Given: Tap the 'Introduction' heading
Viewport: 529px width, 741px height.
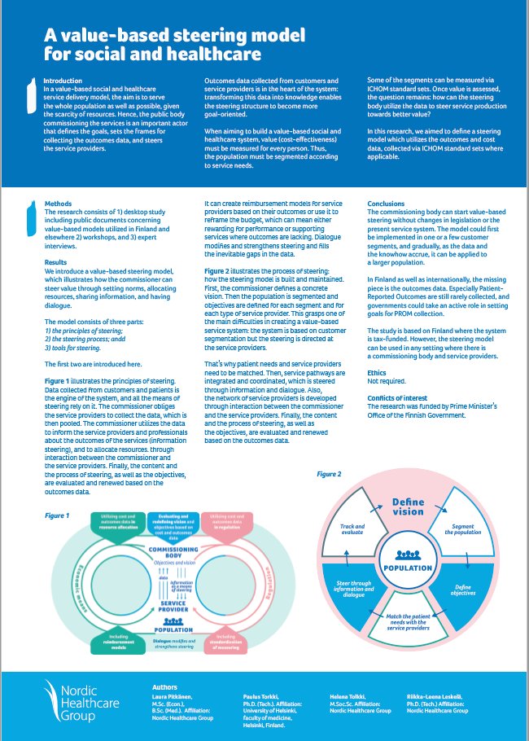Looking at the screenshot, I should (x=63, y=81).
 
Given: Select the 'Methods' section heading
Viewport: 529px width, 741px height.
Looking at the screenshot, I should (x=58, y=204).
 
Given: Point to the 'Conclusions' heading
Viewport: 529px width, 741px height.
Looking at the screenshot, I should (x=387, y=204).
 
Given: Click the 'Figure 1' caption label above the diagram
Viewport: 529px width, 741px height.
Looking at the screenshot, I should (x=57, y=515).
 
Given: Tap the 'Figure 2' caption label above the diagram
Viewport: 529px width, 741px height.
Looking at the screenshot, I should (x=330, y=473).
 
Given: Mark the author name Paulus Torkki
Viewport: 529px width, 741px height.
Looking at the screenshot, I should (x=261, y=697).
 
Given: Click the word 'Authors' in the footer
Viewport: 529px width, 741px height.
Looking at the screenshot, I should (x=165, y=688).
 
